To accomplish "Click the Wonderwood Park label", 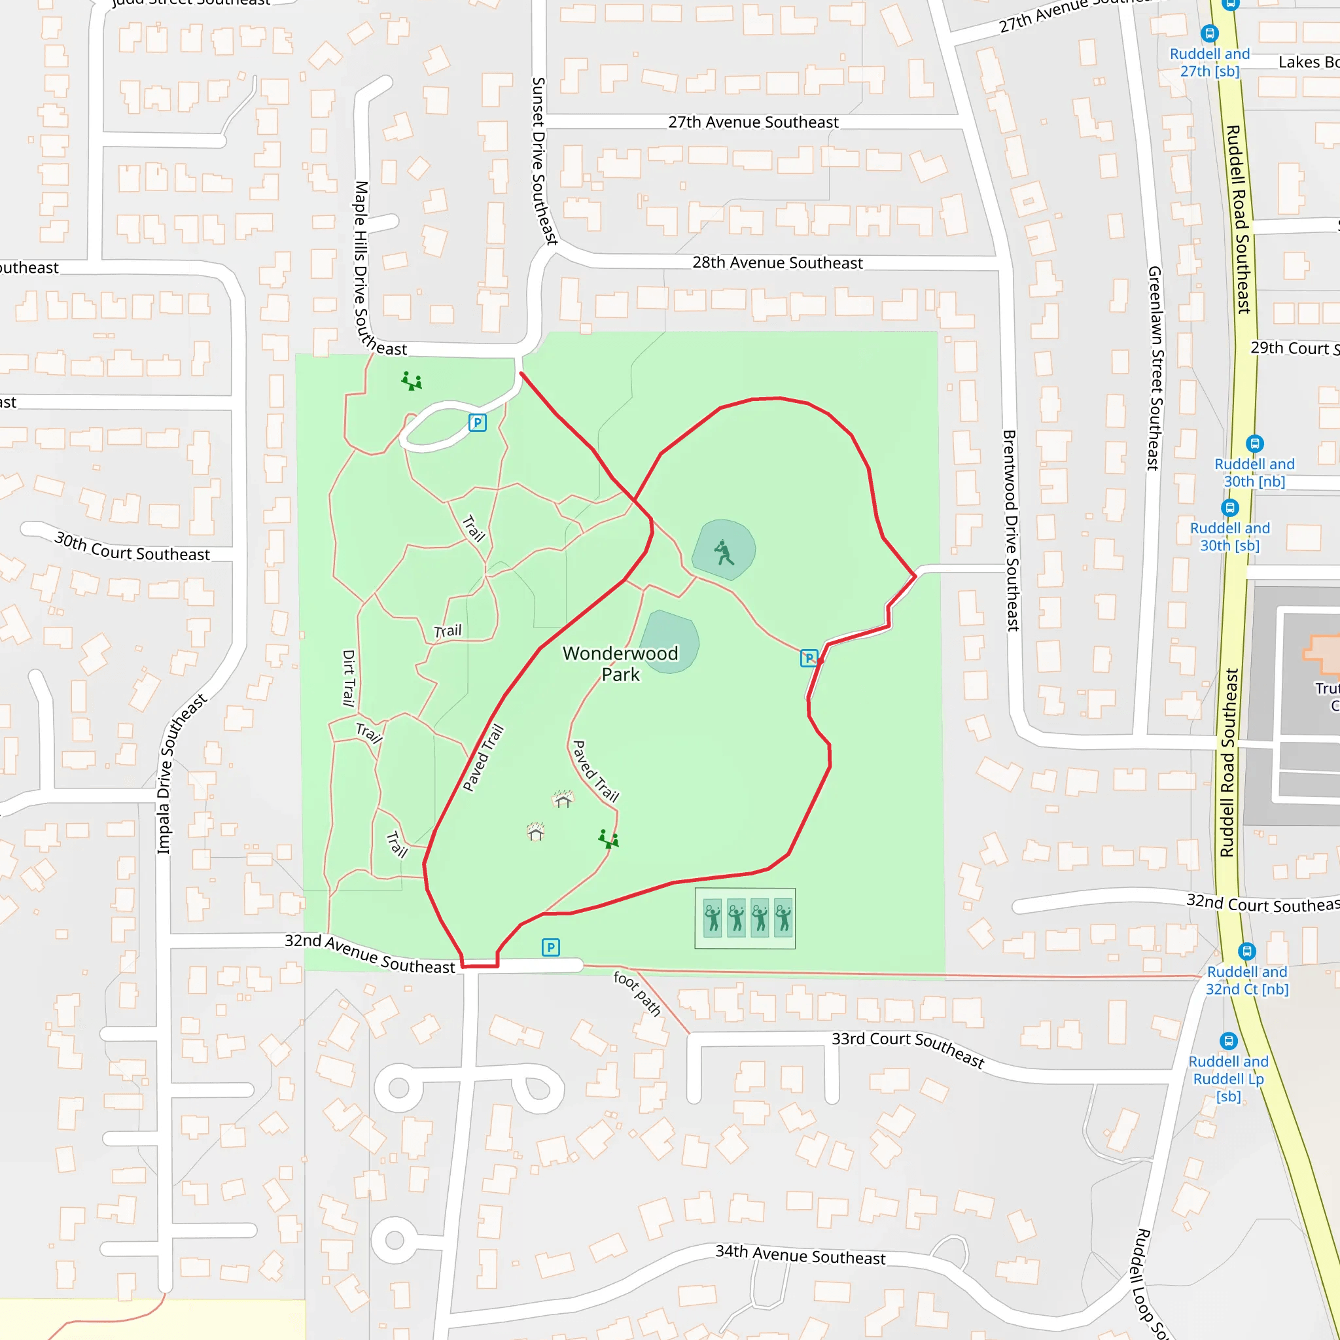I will [620, 663].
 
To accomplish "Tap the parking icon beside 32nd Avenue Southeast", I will [551, 947].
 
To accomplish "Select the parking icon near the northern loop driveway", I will [477, 423].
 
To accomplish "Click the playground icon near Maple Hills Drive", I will [412, 381].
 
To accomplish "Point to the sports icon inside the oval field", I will [724, 553].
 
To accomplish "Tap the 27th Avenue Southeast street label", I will [753, 122].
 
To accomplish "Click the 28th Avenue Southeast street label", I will [777, 263].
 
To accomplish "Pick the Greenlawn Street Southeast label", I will [1154, 368].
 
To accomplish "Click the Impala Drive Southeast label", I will [182, 774].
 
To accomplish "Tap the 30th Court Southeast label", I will [132, 546].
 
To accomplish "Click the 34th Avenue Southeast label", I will [800, 1256].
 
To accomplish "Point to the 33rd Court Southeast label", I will [908, 1049].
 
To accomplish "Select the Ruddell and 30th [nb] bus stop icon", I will [1255, 443].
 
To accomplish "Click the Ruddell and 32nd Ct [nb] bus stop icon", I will [1247, 951].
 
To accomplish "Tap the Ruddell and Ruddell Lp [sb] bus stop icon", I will [1228, 1040].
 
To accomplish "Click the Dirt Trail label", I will [349, 678].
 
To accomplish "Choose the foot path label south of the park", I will [637, 993].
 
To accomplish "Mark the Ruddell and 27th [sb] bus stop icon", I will [1210, 33].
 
